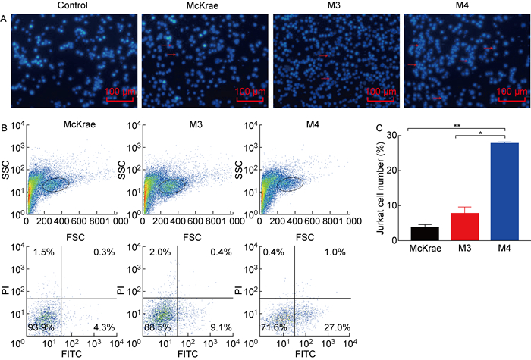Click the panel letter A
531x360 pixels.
pyautogui.click(x=5, y=20)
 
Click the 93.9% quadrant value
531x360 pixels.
pyautogui.click(x=39, y=327)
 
